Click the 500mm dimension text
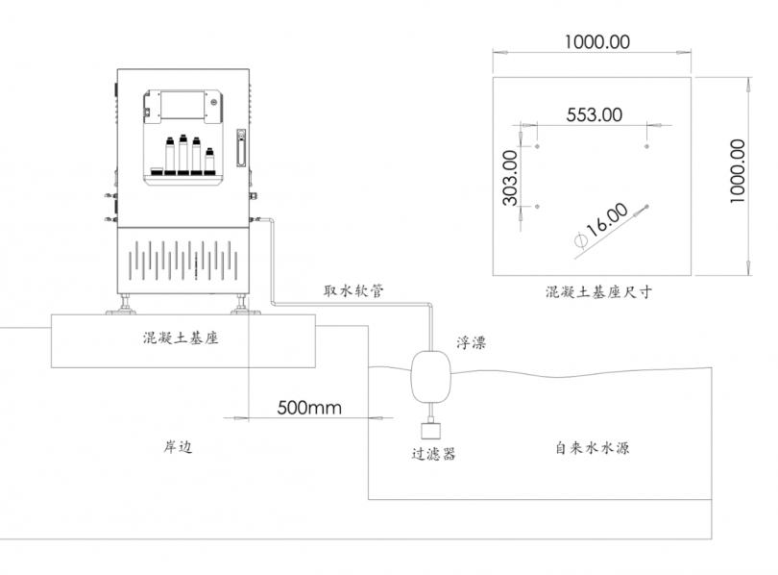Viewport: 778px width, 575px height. pyautogui.click(x=309, y=408)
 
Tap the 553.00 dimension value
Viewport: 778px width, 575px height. pyautogui.click(x=594, y=114)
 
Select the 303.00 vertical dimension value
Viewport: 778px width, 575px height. pyautogui.click(x=510, y=178)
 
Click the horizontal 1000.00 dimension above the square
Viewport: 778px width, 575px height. pyautogui.click(x=596, y=41)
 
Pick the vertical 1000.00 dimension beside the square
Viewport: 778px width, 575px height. pyautogui.click(x=738, y=171)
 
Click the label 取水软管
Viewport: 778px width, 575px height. pyautogui.click(x=353, y=290)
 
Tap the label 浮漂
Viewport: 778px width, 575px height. pyautogui.click(x=471, y=342)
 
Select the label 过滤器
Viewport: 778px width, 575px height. pyautogui.click(x=433, y=453)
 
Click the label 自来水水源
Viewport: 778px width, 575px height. pyautogui.click(x=592, y=448)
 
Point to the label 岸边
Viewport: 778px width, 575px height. pyautogui.click(x=178, y=447)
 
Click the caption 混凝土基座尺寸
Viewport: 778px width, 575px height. pyautogui.click(x=598, y=291)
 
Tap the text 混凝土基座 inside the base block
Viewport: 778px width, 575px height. pyautogui.click(x=181, y=338)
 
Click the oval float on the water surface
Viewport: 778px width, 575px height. pyautogui.click(x=430, y=377)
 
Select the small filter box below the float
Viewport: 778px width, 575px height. pyautogui.click(x=431, y=430)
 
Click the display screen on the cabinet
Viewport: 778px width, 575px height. pyautogui.click(x=182, y=105)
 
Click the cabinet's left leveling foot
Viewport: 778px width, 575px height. pyautogui.click(x=122, y=305)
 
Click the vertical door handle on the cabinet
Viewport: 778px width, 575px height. pyautogui.click(x=241, y=148)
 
